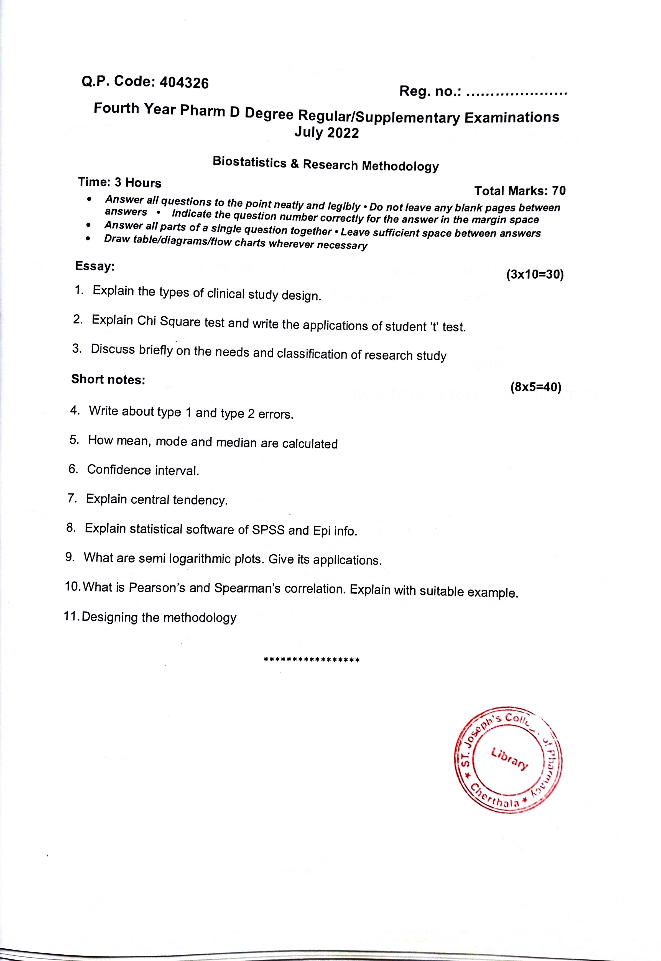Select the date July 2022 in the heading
click(x=326, y=133)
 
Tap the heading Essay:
click(x=95, y=266)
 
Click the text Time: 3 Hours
click(x=120, y=182)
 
